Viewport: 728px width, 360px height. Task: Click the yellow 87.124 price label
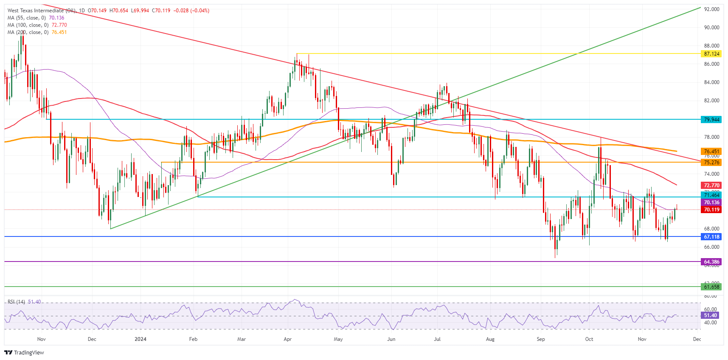point(711,54)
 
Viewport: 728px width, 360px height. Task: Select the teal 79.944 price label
point(711,120)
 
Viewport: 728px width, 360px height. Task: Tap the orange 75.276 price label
point(711,163)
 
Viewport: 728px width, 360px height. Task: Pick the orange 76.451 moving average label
point(711,152)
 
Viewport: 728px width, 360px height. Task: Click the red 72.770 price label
point(711,186)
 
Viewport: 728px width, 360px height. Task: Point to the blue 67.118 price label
point(711,237)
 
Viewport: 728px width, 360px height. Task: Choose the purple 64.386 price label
point(711,262)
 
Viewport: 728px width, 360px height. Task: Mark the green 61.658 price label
point(711,287)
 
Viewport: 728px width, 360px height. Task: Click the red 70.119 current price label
point(711,210)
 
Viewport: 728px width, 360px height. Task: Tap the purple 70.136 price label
point(711,203)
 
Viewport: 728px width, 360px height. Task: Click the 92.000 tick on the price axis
point(711,9)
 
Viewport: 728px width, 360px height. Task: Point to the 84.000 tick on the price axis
point(711,82)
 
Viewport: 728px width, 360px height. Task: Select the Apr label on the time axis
point(287,339)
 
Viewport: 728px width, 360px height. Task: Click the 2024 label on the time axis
point(140,339)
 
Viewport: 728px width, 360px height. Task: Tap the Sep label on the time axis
point(540,339)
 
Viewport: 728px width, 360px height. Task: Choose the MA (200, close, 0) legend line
point(37,32)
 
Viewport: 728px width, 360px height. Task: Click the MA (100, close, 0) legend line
point(37,25)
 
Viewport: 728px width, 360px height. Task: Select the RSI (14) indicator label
point(16,302)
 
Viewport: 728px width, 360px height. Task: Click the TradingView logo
point(24,353)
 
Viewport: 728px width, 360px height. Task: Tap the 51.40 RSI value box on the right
point(710,315)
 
